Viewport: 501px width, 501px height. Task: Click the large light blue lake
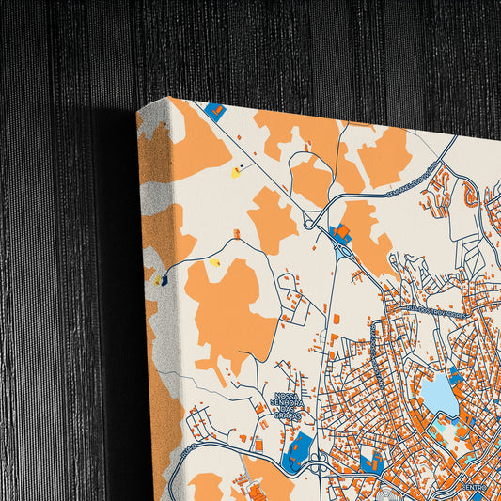[438, 395]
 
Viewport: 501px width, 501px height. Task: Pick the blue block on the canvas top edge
[215, 110]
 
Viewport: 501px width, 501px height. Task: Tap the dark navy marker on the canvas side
[164, 279]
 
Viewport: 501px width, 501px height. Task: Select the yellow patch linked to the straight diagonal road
[236, 172]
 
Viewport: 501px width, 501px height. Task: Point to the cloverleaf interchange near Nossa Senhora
[318, 460]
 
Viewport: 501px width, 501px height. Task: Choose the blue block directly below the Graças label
[297, 448]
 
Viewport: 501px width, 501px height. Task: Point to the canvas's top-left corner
[138, 109]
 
